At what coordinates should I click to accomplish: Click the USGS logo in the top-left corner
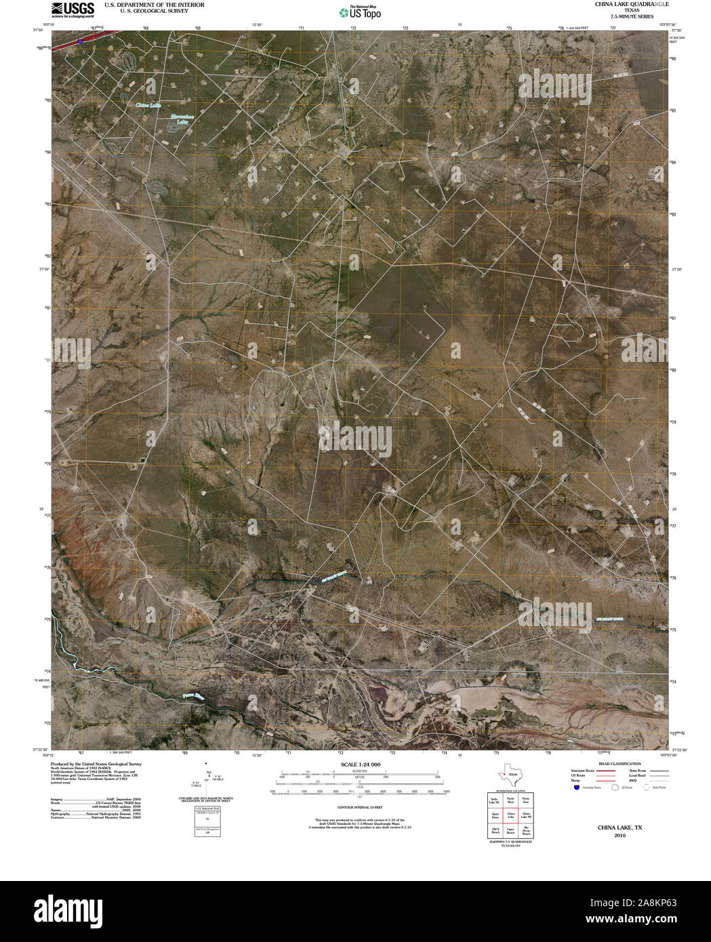tap(72, 9)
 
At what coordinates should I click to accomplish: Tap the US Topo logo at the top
tap(360, 12)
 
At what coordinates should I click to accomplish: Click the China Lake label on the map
tap(148, 105)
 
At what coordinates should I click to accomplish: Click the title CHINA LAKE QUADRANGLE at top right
tap(622, 4)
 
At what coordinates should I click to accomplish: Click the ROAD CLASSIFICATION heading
tap(615, 764)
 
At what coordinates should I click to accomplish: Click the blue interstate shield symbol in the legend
tap(577, 788)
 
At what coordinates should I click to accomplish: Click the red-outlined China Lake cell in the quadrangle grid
tap(511, 815)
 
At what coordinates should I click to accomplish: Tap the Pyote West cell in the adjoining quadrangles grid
tap(511, 800)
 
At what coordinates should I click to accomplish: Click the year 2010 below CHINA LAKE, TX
tap(619, 836)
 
